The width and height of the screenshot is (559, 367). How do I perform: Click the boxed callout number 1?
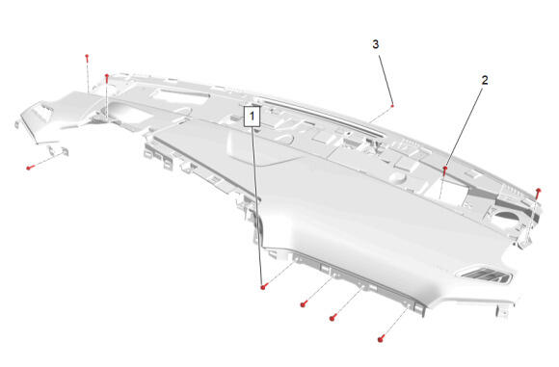[253, 116]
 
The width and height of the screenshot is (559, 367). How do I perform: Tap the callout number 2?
[485, 80]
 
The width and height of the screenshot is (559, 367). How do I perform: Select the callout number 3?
[376, 44]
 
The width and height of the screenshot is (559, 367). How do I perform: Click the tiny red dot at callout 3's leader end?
[392, 106]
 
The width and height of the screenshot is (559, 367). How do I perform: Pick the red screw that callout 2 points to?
[445, 170]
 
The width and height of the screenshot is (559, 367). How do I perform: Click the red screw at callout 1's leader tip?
[263, 286]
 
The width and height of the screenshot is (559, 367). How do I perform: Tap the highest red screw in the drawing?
[87, 58]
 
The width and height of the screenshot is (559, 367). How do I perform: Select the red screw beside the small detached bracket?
[30, 168]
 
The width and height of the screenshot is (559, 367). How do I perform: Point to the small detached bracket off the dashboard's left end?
[58, 150]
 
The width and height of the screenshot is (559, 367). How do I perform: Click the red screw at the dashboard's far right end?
[539, 193]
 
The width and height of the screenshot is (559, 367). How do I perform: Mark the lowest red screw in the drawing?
[381, 339]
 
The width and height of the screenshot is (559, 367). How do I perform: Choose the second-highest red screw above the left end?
[106, 78]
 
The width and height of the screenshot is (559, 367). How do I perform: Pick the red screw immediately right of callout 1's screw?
[304, 304]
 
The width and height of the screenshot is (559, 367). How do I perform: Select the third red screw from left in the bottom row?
[333, 318]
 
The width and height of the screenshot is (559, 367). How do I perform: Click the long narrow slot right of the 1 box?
[321, 117]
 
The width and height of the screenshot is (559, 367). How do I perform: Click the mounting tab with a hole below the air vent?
[503, 312]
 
